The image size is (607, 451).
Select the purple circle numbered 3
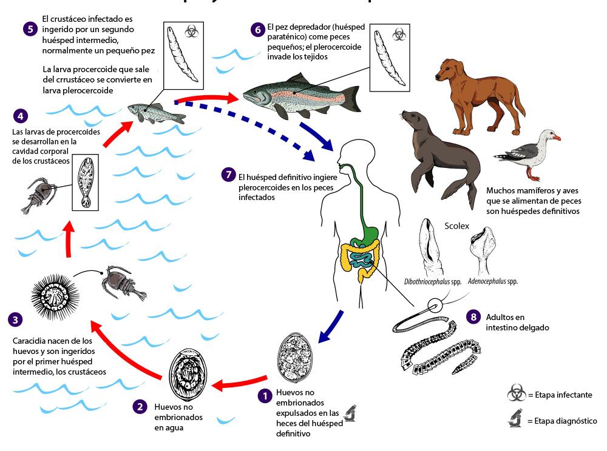[16, 319]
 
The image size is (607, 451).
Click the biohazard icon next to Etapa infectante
[517, 394]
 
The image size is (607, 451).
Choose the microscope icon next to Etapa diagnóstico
[517, 419]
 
